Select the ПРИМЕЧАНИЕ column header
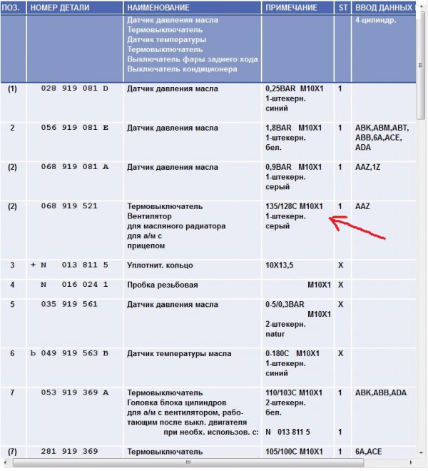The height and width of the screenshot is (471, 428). (x=291, y=7)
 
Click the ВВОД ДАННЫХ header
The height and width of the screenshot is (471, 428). (x=383, y=7)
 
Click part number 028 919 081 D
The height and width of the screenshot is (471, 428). (x=75, y=89)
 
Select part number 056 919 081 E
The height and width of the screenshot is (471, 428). (x=75, y=128)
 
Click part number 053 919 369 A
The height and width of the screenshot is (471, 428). (x=75, y=392)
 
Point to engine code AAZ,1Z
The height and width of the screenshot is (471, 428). (x=368, y=167)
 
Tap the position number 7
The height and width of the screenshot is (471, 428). (x=12, y=392)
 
